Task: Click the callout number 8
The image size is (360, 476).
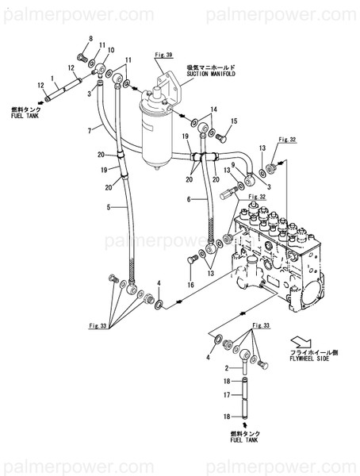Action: click(x=90, y=39)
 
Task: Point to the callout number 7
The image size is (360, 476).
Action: click(x=90, y=129)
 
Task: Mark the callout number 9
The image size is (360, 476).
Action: click(x=233, y=164)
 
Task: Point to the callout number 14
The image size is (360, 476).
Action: click(x=213, y=108)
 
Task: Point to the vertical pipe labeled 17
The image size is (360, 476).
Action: click(x=246, y=393)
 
